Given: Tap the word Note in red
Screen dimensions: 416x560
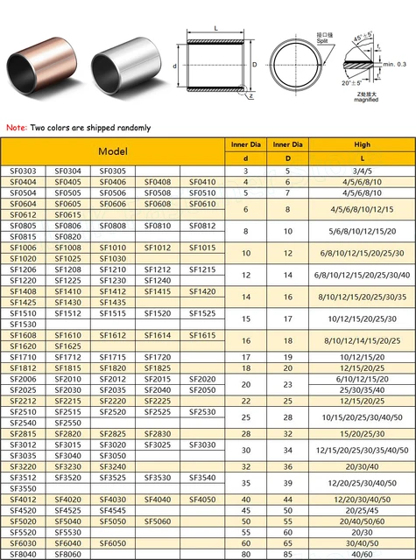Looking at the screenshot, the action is pyautogui.click(x=16, y=128).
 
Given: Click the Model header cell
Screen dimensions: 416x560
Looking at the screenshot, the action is pyautogui.click(x=115, y=150).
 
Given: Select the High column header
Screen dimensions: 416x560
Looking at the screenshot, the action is pyautogui.click(x=362, y=144).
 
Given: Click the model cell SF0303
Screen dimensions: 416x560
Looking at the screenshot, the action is pyautogui.click(x=24, y=171).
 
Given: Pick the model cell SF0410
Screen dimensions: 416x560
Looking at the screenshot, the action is pyautogui.click(x=202, y=182).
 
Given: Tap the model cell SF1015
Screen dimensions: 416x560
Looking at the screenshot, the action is pyautogui.click(x=202, y=248).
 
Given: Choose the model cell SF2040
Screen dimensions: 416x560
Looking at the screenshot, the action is pyautogui.click(x=158, y=389).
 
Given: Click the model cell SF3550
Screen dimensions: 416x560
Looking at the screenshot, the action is pyautogui.click(x=24, y=488).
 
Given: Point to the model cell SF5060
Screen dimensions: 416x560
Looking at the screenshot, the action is pyautogui.click(x=158, y=521).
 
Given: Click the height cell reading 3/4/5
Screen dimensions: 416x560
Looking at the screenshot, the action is pyautogui.click(x=362, y=171).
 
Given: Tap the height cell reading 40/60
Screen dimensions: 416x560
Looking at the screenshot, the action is pyautogui.click(x=362, y=553).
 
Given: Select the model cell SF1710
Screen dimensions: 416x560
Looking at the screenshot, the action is pyautogui.click(x=24, y=357).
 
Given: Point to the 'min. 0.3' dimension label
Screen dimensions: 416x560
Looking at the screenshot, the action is pyautogui.click(x=395, y=64).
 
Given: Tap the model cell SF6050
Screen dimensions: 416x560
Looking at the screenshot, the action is pyautogui.click(x=113, y=542).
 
